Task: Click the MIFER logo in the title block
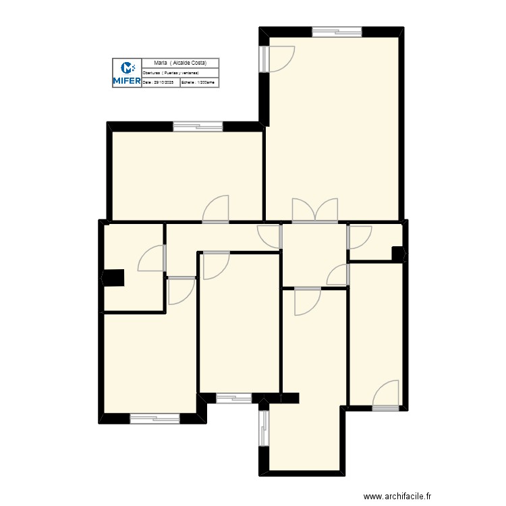coord(126,73)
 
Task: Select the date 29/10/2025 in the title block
coord(160,82)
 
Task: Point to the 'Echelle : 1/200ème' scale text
coord(198,82)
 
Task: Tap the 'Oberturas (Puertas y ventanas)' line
coord(171,72)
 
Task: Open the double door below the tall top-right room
coord(314,210)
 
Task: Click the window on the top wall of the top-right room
coord(337,31)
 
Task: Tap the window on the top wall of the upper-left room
coord(198,126)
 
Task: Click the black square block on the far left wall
coord(113,278)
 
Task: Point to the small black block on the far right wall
coord(398,254)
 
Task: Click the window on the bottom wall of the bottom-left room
coord(154,419)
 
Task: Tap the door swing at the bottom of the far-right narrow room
coord(387,395)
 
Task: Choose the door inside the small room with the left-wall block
coord(152,258)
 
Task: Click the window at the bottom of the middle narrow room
coord(233,398)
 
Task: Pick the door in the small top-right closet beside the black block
coord(360,237)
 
